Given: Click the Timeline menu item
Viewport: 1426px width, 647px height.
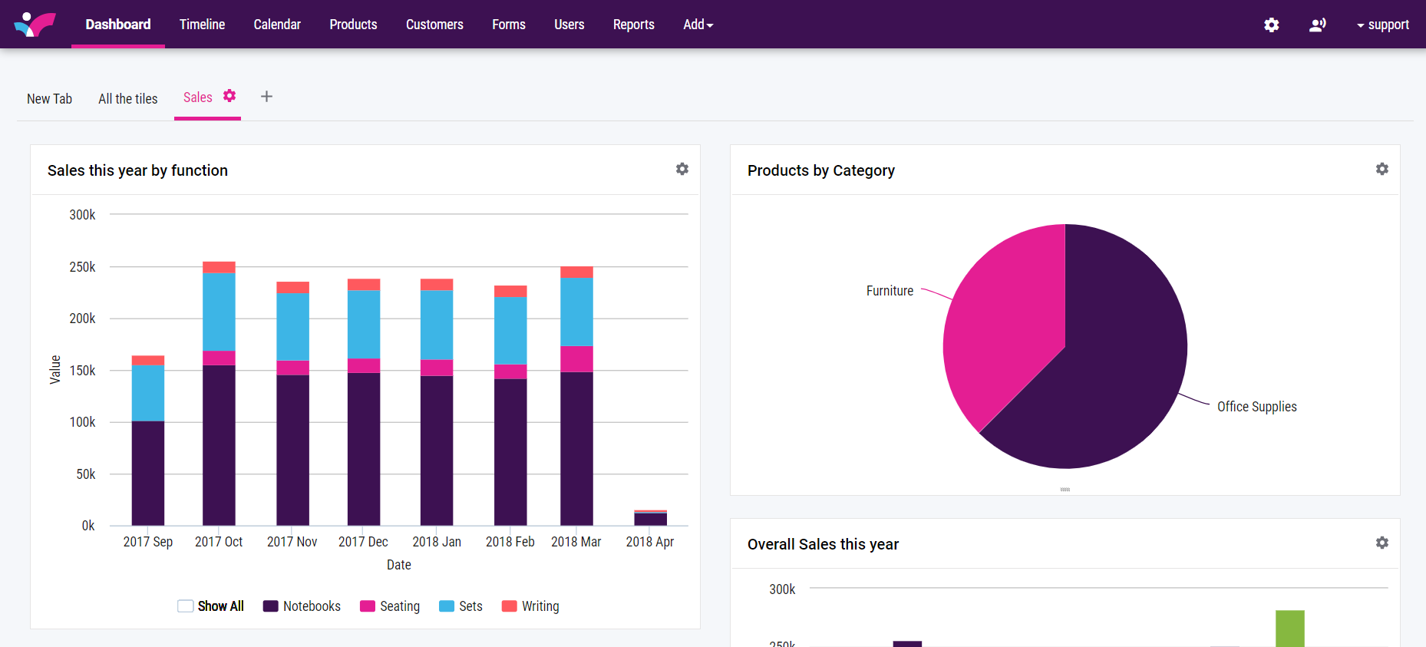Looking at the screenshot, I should pyautogui.click(x=202, y=25).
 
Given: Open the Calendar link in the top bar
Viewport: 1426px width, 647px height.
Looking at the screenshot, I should pyautogui.click(x=277, y=25).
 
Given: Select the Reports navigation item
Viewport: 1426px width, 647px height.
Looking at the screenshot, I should pyautogui.click(x=633, y=25).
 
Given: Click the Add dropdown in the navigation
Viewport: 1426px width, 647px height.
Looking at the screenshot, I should pyautogui.click(x=698, y=25).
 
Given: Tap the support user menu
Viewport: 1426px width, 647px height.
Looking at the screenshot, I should pyautogui.click(x=1383, y=25).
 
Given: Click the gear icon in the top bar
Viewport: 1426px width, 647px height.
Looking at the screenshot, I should pyautogui.click(x=1272, y=25).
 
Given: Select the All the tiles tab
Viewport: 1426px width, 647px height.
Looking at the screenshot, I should pyautogui.click(x=127, y=99).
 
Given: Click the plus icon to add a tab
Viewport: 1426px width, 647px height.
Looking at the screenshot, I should pyautogui.click(x=266, y=97).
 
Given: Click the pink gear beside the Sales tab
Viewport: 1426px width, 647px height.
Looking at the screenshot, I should pyautogui.click(x=229, y=96).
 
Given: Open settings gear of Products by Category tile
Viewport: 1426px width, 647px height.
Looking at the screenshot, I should pyautogui.click(x=1381, y=169).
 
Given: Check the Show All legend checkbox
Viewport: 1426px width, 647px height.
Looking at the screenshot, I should pyautogui.click(x=185, y=606).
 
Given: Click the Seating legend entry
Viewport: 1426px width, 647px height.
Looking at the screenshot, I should pyautogui.click(x=390, y=606).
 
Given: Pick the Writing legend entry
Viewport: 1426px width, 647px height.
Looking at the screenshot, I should pyautogui.click(x=530, y=606).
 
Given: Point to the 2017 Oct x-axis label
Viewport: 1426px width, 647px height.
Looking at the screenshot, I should pyautogui.click(x=219, y=542).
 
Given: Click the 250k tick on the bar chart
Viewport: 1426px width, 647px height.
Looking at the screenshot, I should pyautogui.click(x=82, y=267).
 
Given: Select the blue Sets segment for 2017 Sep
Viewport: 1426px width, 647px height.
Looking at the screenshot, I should pyautogui.click(x=148, y=392).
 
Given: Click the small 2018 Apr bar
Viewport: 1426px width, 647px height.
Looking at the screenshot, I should pyautogui.click(x=650, y=518).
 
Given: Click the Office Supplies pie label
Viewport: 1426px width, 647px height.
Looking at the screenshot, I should pyautogui.click(x=1256, y=407).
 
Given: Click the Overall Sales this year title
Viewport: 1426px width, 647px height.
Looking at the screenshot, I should pyautogui.click(x=823, y=544).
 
